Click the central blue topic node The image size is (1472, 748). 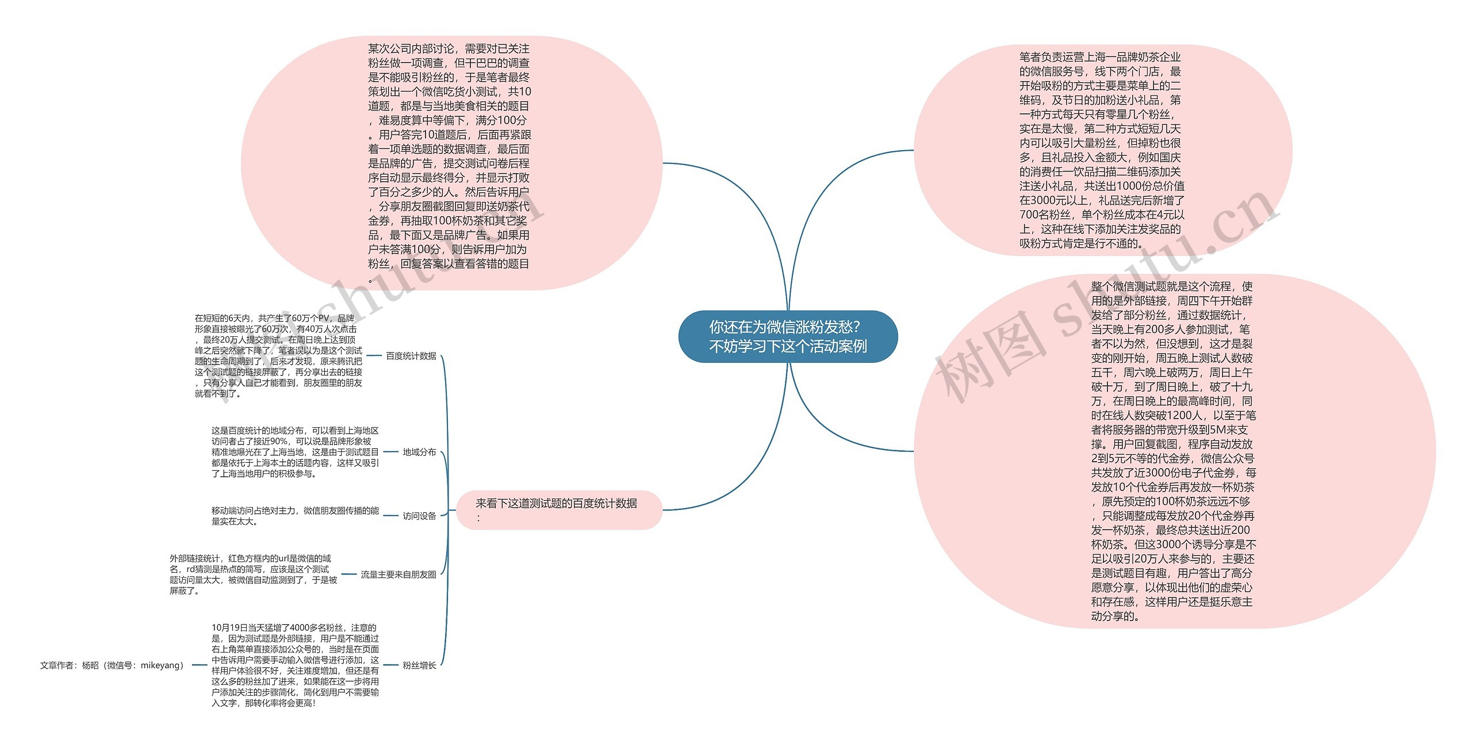[788, 337]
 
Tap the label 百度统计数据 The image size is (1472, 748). [411, 356]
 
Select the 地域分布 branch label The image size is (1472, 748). [419, 452]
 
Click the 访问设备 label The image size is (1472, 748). [419, 516]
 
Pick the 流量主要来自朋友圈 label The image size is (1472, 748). [398, 574]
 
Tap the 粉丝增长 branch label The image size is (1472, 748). [419, 665]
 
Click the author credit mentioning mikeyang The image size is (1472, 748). [113, 665]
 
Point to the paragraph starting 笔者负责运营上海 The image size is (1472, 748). [1101, 150]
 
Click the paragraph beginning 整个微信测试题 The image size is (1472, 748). [1173, 451]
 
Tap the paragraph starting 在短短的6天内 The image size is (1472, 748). [278, 356]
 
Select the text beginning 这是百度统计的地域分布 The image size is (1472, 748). [294, 452]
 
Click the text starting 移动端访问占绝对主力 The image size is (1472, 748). [294, 516]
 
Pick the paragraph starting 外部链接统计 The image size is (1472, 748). [253, 574]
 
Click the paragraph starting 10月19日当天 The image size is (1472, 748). [294, 665]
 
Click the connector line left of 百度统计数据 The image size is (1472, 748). [374, 356]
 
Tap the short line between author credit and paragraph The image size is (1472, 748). [199, 665]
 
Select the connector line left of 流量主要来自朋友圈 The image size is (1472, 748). [349, 574]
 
